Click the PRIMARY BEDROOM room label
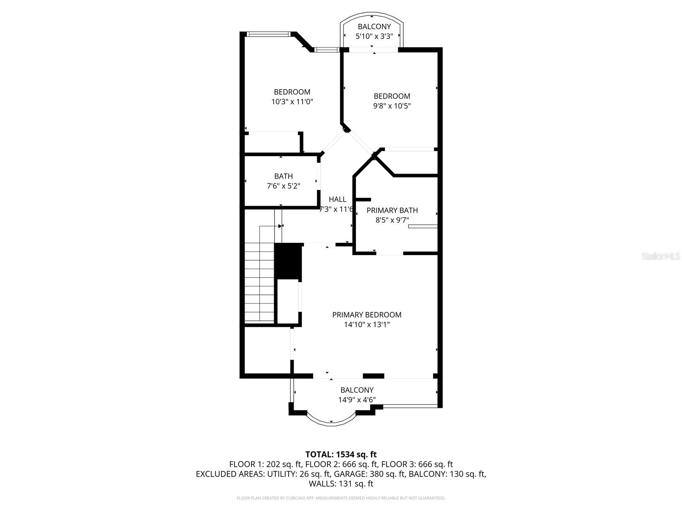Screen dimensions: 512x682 point(367,315)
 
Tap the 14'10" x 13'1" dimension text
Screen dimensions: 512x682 point(367,325)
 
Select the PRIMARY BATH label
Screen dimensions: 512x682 point(392,210)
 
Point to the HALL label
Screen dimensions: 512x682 point(338,199)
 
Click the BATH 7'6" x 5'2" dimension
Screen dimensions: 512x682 point(283,186)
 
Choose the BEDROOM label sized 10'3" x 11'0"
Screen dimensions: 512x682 point(292,92)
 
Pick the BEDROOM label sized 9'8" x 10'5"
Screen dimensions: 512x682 point(392,96)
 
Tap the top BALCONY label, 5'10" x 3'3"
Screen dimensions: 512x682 point(374,27)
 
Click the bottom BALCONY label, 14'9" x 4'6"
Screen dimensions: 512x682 point(357,390)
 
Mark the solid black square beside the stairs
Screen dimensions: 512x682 point(288,261)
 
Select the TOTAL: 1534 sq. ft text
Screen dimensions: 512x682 point(341,454)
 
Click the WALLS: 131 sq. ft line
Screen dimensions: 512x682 point(341,484)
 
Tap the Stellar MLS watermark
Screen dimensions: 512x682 point(661,256)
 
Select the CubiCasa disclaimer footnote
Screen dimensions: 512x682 point(341,498)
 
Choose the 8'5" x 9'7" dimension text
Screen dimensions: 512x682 point(392,220)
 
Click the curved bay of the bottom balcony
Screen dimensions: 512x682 point(331,420)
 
